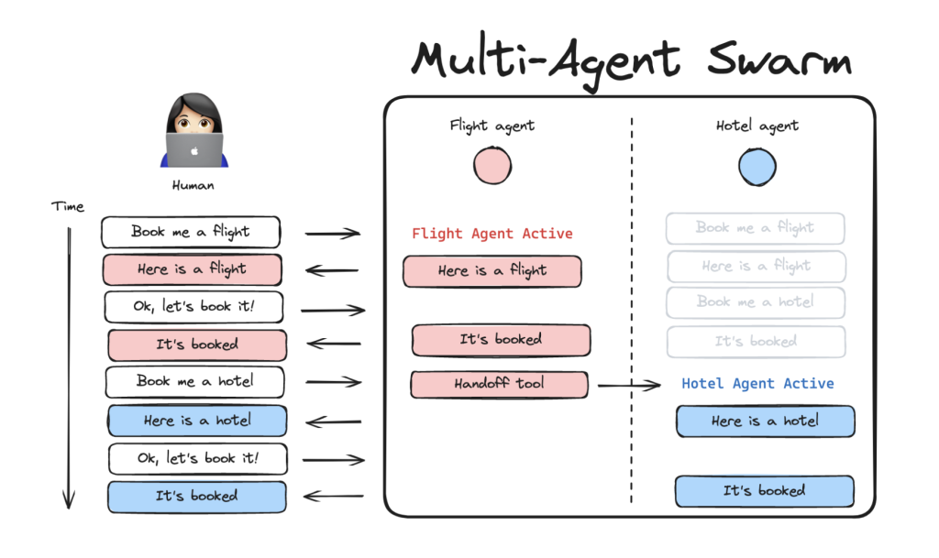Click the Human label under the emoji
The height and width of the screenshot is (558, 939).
(193, 185)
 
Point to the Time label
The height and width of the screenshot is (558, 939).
(68, 206)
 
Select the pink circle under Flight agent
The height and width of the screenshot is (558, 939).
(492, 166)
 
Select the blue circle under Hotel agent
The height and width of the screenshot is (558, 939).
(757, 166)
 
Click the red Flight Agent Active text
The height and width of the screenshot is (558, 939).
(492, 234)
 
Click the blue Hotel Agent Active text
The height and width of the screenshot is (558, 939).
(757, 384)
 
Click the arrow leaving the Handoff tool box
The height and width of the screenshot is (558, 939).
(629, 386)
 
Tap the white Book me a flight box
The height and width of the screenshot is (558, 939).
(191, 232)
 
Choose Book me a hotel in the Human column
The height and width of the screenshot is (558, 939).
(195, 381)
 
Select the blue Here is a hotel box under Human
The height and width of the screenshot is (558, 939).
(197, 421)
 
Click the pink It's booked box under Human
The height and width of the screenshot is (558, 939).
(197, 345)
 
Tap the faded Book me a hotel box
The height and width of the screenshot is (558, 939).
(756, 301)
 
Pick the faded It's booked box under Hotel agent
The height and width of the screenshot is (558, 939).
(756, 342)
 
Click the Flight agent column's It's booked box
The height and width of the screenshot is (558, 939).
(501, 340)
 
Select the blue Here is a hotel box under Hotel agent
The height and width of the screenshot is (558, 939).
(765, 421)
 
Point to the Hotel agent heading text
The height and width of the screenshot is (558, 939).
(757, 126)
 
